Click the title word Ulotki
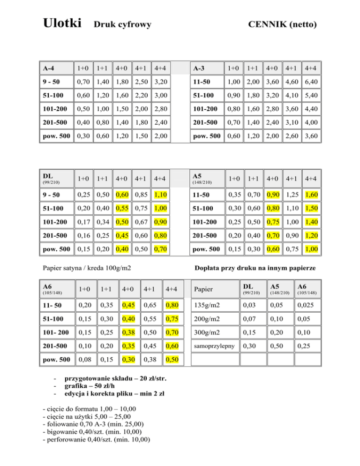pos(62,23)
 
